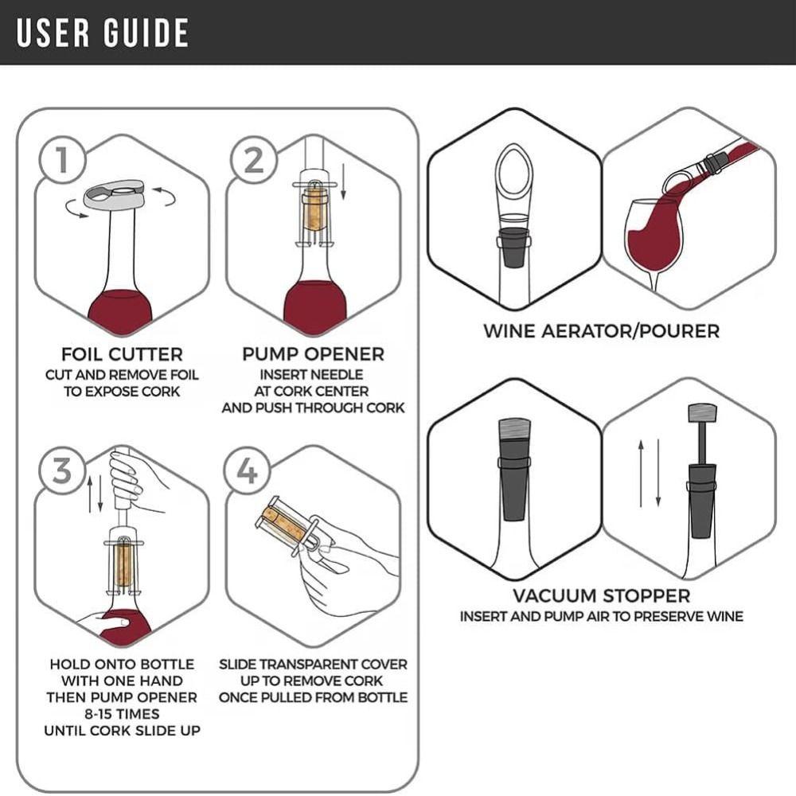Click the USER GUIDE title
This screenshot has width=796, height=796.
(103, 33)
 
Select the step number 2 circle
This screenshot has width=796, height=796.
(253, 160)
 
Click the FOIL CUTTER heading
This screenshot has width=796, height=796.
(122, 354)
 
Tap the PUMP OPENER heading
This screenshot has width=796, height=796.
(313, 354)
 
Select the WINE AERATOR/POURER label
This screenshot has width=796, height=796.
(601, 330)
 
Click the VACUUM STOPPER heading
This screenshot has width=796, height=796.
(601, 595)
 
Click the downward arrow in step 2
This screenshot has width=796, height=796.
(345, 181)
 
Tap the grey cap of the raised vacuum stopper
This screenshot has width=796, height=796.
(702, 414)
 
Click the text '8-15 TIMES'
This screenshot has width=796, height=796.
(122, 714)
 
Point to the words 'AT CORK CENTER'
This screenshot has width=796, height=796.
(313, 391)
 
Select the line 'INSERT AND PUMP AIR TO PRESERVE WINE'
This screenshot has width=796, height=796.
(601, 617)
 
